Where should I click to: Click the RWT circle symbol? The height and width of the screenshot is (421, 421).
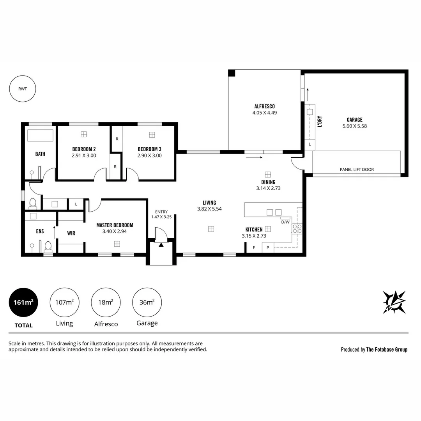pyautogui.click(x=23, y=88)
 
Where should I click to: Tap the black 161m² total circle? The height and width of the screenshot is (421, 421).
pyautogui.click(x=23, y=302)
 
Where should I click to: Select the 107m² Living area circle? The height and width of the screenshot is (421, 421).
pyautogui.click(x=64, y=302)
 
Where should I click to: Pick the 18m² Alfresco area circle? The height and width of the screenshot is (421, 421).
pyautogui.click(x=106, y=302)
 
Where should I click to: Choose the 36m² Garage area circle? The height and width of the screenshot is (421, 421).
pyautogui.click(x=147, y=302)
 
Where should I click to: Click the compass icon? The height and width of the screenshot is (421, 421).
pyautogui.click(x=394, y=302)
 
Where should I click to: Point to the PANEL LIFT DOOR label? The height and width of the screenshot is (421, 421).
pyautogui.click(x=357, y=170)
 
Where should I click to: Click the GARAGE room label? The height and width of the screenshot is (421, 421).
pyautogui.click(x=354, y=120)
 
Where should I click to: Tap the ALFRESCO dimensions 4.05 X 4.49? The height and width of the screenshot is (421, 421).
pyautogui.click(x=264, y=113)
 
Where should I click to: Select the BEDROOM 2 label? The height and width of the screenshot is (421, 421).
pyautogui.click(x=84, y=149)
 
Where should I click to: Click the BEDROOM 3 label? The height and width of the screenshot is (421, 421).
pyautogui.click(x=149, y=149)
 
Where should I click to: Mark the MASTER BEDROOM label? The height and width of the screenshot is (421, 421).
pyautogui.click(x=115, y=225)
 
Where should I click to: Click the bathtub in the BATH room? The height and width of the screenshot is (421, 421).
pyautogui.click(x=40, y=135)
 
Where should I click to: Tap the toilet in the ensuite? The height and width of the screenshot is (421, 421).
pyautogui.click(x=48, y=246)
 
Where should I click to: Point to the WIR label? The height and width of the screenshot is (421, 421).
pyautogui.click(x=71, y=233)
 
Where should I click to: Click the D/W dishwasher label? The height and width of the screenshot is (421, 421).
pyautogui.click(x=285, y=222)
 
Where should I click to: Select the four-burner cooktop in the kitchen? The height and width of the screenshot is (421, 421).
pyautogui.click(x=297, y=228)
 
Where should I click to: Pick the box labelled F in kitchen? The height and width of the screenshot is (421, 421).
pyautogui.click(x=254, y=248)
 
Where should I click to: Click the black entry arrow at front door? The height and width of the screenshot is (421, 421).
pyautogui.click(x=161, y=244)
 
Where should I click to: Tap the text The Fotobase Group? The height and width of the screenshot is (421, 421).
pyautogui.click(x=387, y=350)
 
